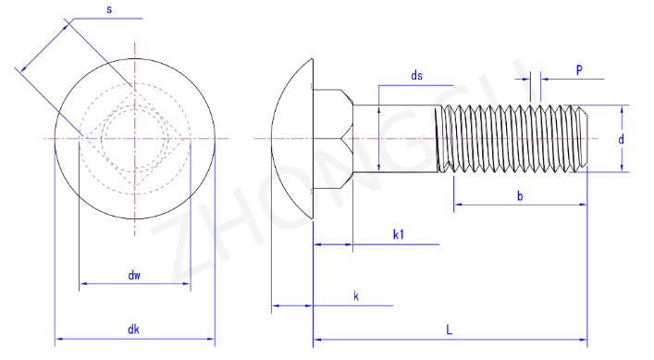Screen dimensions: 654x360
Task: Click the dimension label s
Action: [109, 9]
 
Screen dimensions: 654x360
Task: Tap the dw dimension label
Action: [134, 275]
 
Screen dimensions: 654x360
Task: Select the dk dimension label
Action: [133, 329]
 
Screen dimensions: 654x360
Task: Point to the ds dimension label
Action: [416, 76]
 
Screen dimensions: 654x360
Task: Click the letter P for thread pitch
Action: [579, 69]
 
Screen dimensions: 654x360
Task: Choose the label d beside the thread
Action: [621, 139]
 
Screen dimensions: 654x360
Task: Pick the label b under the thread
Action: [520, 195]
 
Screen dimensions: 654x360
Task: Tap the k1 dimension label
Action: [399, 234]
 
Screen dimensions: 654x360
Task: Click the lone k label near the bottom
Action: [356, 296]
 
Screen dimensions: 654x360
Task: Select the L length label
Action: [449, 330]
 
